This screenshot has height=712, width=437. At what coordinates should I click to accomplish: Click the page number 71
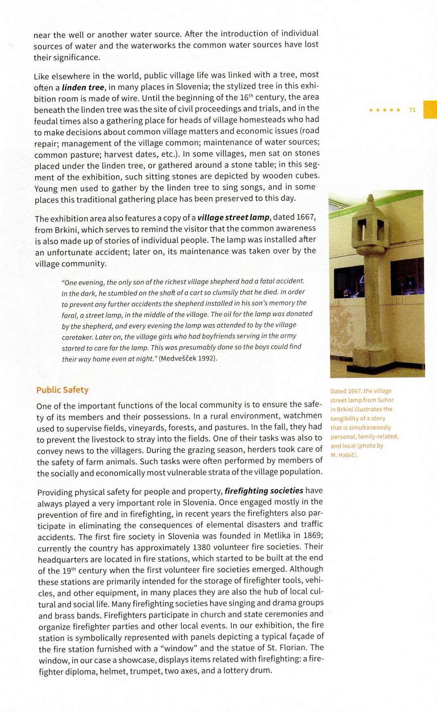[x=412, y=110]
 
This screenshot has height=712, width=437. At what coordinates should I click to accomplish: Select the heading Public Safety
[x=62, y=390]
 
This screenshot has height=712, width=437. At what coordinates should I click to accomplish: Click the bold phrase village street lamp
[x=233, y=217]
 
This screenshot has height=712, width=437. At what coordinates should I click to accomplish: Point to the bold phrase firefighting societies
[x=264, y=491]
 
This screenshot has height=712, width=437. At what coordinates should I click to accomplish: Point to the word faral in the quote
[x=69, y=314]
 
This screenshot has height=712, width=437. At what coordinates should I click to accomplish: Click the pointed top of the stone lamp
[x=371, y=199]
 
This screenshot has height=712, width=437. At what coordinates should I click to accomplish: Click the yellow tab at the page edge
[x=430, y=109]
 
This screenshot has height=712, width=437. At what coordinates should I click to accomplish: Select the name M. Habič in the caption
[x=344, y=455]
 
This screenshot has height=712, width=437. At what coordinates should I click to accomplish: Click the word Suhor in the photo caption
[x=386, y=400]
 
